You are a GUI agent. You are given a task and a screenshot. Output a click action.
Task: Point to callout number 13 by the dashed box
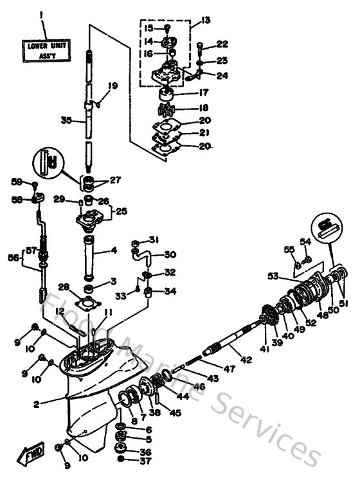206,21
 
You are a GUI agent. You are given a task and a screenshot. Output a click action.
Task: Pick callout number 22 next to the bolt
223,44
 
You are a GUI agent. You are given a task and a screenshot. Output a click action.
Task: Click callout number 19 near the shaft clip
113,85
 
